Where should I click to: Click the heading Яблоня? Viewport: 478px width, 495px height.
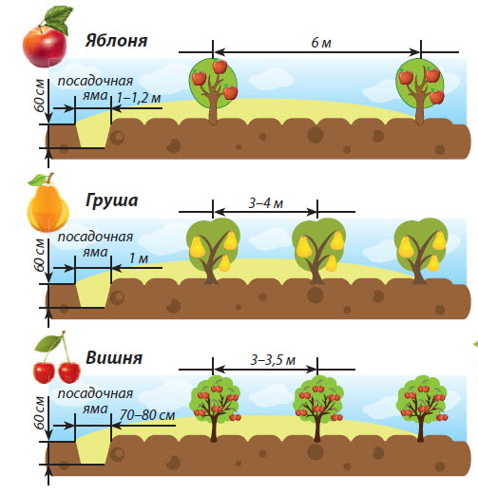(116, 41)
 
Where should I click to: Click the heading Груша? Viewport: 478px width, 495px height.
(111, 201)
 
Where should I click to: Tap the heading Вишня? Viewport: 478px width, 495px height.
(114, 358)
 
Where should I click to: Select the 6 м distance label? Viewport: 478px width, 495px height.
(321, 43)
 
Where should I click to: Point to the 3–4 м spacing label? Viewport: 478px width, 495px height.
(265, 203)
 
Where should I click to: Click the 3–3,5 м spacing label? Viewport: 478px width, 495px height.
(273, 360)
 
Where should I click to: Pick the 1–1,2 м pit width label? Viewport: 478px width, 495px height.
(139, 98)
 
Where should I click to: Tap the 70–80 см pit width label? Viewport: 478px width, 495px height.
(147, 415)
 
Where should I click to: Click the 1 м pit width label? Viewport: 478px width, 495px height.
(139, 258)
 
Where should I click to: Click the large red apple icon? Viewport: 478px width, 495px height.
(45, 47)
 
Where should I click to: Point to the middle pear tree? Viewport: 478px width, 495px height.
(318, 251)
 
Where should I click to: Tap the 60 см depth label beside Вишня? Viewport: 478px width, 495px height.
(40, 413)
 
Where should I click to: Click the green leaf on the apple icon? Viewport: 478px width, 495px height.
(59, 19)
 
